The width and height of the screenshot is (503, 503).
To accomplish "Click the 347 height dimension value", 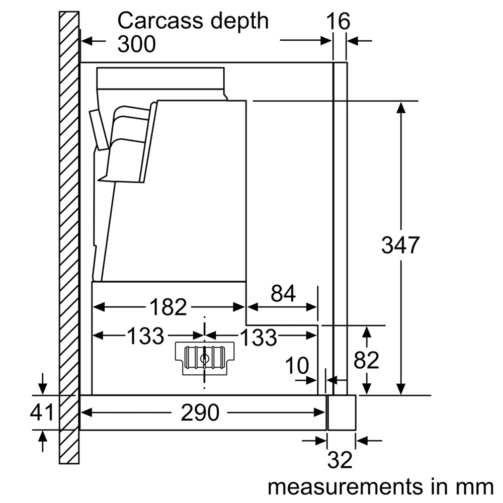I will click(x=400, y=245).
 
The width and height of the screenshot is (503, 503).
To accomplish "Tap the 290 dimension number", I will click(x=200, y=413).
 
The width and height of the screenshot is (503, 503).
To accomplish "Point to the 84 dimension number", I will click(x=283, y=294).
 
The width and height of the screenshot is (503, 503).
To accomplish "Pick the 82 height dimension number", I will click(x=366, y=360).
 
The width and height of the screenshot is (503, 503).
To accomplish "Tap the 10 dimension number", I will click(x=298, y=366).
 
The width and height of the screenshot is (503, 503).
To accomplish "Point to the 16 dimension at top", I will click(x=338, y=22).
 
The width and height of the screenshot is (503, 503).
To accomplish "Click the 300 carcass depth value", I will click(x=136, y=45).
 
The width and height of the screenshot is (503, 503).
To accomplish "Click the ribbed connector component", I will click(x=204, y=358).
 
